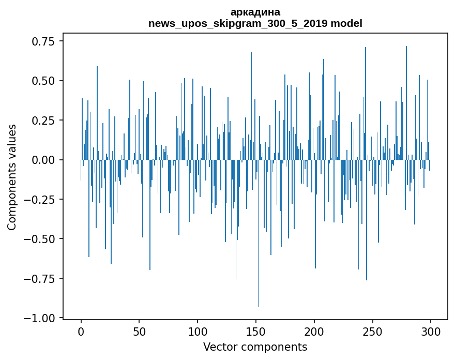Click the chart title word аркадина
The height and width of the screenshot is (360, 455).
tap(255, 12)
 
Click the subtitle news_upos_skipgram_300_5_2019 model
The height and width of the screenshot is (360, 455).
tap(255, 23)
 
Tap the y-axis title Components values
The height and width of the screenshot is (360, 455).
tap(12, 177)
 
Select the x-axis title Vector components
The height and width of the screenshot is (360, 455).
tap(255, 347)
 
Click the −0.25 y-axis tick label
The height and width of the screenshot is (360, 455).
tap(41, 200)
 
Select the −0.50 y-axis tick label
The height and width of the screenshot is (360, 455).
tap(41, 239)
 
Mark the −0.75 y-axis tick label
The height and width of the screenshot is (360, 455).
tap(41, 278)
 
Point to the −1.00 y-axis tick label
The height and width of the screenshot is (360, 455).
tap(41, 318)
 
